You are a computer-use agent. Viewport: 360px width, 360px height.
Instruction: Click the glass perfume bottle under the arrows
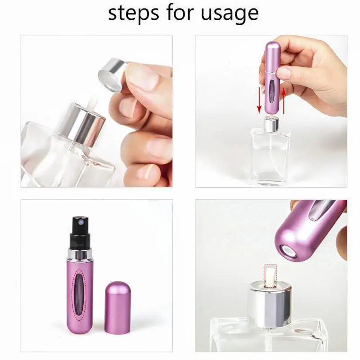tap(270, 155)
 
